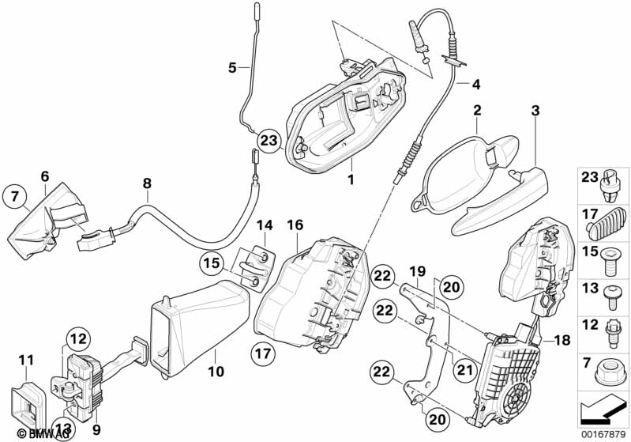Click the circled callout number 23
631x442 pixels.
point(269,141)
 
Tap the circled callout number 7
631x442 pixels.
point(15,197)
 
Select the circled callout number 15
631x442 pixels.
point(212,263)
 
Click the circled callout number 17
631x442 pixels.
point(264,354)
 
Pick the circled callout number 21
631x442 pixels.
point(465,370)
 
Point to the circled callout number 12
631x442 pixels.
point(78,339)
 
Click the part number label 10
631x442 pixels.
point(216,371)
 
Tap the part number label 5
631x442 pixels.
point(232,68)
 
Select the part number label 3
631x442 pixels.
point(535,111)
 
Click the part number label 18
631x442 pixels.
point(562,341)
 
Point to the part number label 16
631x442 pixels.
point(295,225)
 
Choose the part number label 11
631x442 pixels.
point(26,360)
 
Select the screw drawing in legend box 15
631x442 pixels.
point(608,259)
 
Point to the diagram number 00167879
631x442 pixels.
point(603,434)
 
